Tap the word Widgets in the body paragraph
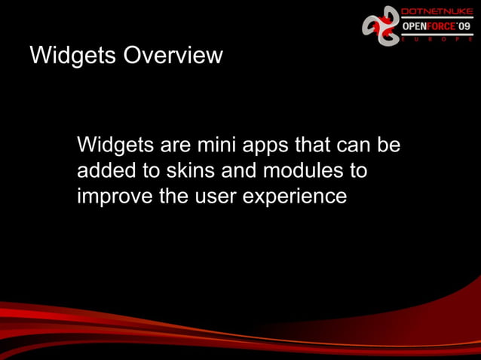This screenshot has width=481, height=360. [x=115, y=145]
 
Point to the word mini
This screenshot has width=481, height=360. [x=219, y=145]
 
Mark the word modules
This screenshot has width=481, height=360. [x=304, y=171]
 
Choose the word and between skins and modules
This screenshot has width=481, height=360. [x=240, y=171]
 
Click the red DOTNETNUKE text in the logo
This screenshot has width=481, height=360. [x=437, y=12]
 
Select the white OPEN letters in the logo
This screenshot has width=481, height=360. [x=415, y=26]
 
